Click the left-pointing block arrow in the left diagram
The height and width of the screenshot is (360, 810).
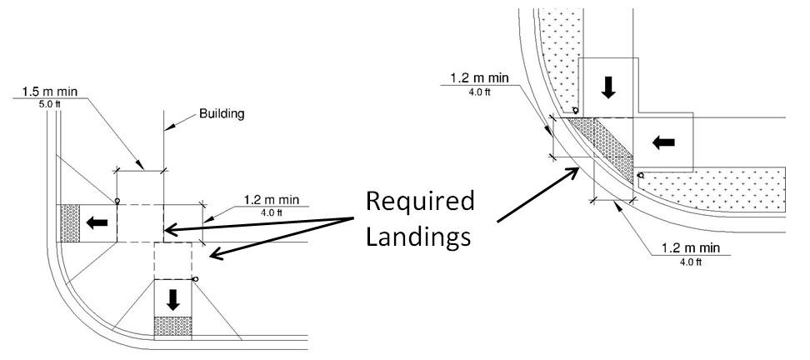click(97, 222)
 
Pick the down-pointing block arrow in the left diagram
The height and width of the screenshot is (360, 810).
click(172, 298)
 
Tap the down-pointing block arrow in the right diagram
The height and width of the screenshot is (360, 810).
click(607, 87)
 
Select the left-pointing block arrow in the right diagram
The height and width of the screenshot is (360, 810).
click(663, 142)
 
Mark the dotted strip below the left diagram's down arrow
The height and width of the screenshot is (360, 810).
click(172, 327)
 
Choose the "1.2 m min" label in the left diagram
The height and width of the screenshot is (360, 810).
click(275, 200)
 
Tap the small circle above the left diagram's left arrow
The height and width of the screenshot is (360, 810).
click(117, 201)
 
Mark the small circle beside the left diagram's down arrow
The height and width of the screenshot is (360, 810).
click(194, 279)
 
